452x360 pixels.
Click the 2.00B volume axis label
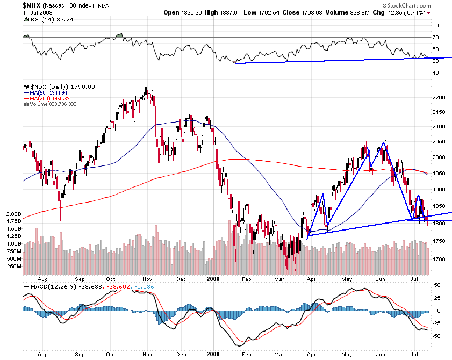click(12, 214)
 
